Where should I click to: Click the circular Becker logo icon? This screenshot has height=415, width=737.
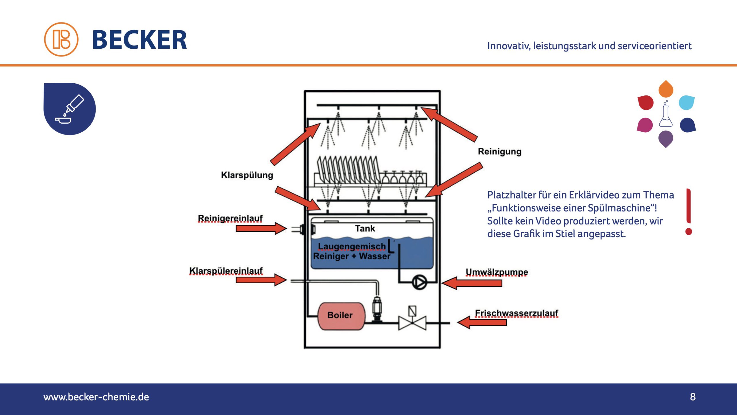click(61, 39)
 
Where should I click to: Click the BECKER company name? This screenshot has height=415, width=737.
click(140, 40)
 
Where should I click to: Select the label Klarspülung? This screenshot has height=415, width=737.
click(247, 175)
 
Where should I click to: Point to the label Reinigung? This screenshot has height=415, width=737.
click(499, 152)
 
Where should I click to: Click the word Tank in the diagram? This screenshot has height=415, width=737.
click(365, 229)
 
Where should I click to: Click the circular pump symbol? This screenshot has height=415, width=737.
click(419, 282)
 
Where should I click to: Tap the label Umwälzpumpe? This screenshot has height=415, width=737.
click(497, 272)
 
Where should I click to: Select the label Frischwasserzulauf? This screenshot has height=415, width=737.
click(516, 313)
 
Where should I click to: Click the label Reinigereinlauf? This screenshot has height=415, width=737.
click(230, 218)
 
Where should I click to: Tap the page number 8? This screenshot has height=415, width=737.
click(693, 397)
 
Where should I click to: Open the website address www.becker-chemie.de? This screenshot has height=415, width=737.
click(96, 397)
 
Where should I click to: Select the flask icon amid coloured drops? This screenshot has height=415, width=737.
click(666, 115)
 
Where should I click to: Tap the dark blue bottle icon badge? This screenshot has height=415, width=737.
click(70, 109)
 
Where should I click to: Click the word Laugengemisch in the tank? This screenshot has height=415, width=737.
click(352, 246)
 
